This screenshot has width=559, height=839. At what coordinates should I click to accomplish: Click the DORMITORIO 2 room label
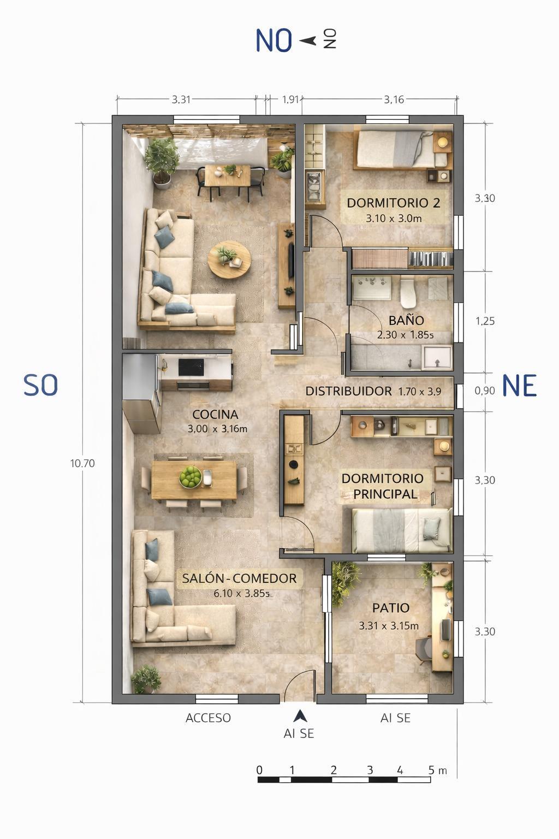pyautogui.click(x=393, y=203)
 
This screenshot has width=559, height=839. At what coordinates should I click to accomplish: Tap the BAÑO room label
pyautogui.click(x=406, y=321)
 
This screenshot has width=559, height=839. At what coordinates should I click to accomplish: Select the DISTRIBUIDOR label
pyautogui.click(x=348, y=391)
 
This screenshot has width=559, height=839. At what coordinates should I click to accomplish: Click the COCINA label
pyautogui.click(x=215, y=414)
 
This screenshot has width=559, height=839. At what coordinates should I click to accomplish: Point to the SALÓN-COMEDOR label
pyautogui.click(x=239, y=578)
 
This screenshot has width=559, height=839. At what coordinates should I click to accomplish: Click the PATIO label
pyautogui.click(x=391, y=608)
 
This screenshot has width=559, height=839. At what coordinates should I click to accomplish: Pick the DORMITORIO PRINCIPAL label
pyautogui.click(x=383, y=486)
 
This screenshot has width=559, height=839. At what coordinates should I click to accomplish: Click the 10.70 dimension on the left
pyautogui.click(x=82, y=463)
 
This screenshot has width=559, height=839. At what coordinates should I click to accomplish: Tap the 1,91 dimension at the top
pyautogui.click(x=291, y=99)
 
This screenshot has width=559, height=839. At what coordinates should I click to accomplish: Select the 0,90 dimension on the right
pyautogui.click(x=485, y=391)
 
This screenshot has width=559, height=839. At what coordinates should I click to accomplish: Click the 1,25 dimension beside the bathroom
pyautogui.click(x=485, y=321)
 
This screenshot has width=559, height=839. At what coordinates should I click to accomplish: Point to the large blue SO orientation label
pyautogui.click(x=41, y=386)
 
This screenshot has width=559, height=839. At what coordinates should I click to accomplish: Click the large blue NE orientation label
pyautogui.click(x=519, y=386)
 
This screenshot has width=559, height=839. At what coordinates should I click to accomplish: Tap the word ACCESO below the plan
pyautogui.click(x=208, y=718)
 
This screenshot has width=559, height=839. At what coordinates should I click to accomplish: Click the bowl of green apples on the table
pyautogui.click(x=190, y=476)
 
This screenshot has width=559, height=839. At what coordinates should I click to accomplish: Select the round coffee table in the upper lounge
pyautogui.click(x=229, y=259)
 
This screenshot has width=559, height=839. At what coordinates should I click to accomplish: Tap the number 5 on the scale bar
pyautogui.click(x=431, y=770)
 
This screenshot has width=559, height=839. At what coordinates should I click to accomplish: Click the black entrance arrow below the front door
pyautogui.click(x=300, y=716)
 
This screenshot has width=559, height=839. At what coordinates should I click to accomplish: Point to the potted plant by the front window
pyautogui.click(x=146, y=679)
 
